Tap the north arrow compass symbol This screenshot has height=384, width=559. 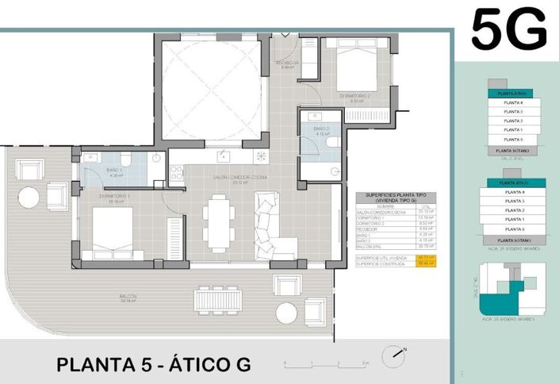pos(393,357)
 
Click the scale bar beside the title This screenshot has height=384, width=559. pos(326,363)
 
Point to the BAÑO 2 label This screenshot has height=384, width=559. pos(321,131)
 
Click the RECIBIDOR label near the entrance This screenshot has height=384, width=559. pos(286,63)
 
